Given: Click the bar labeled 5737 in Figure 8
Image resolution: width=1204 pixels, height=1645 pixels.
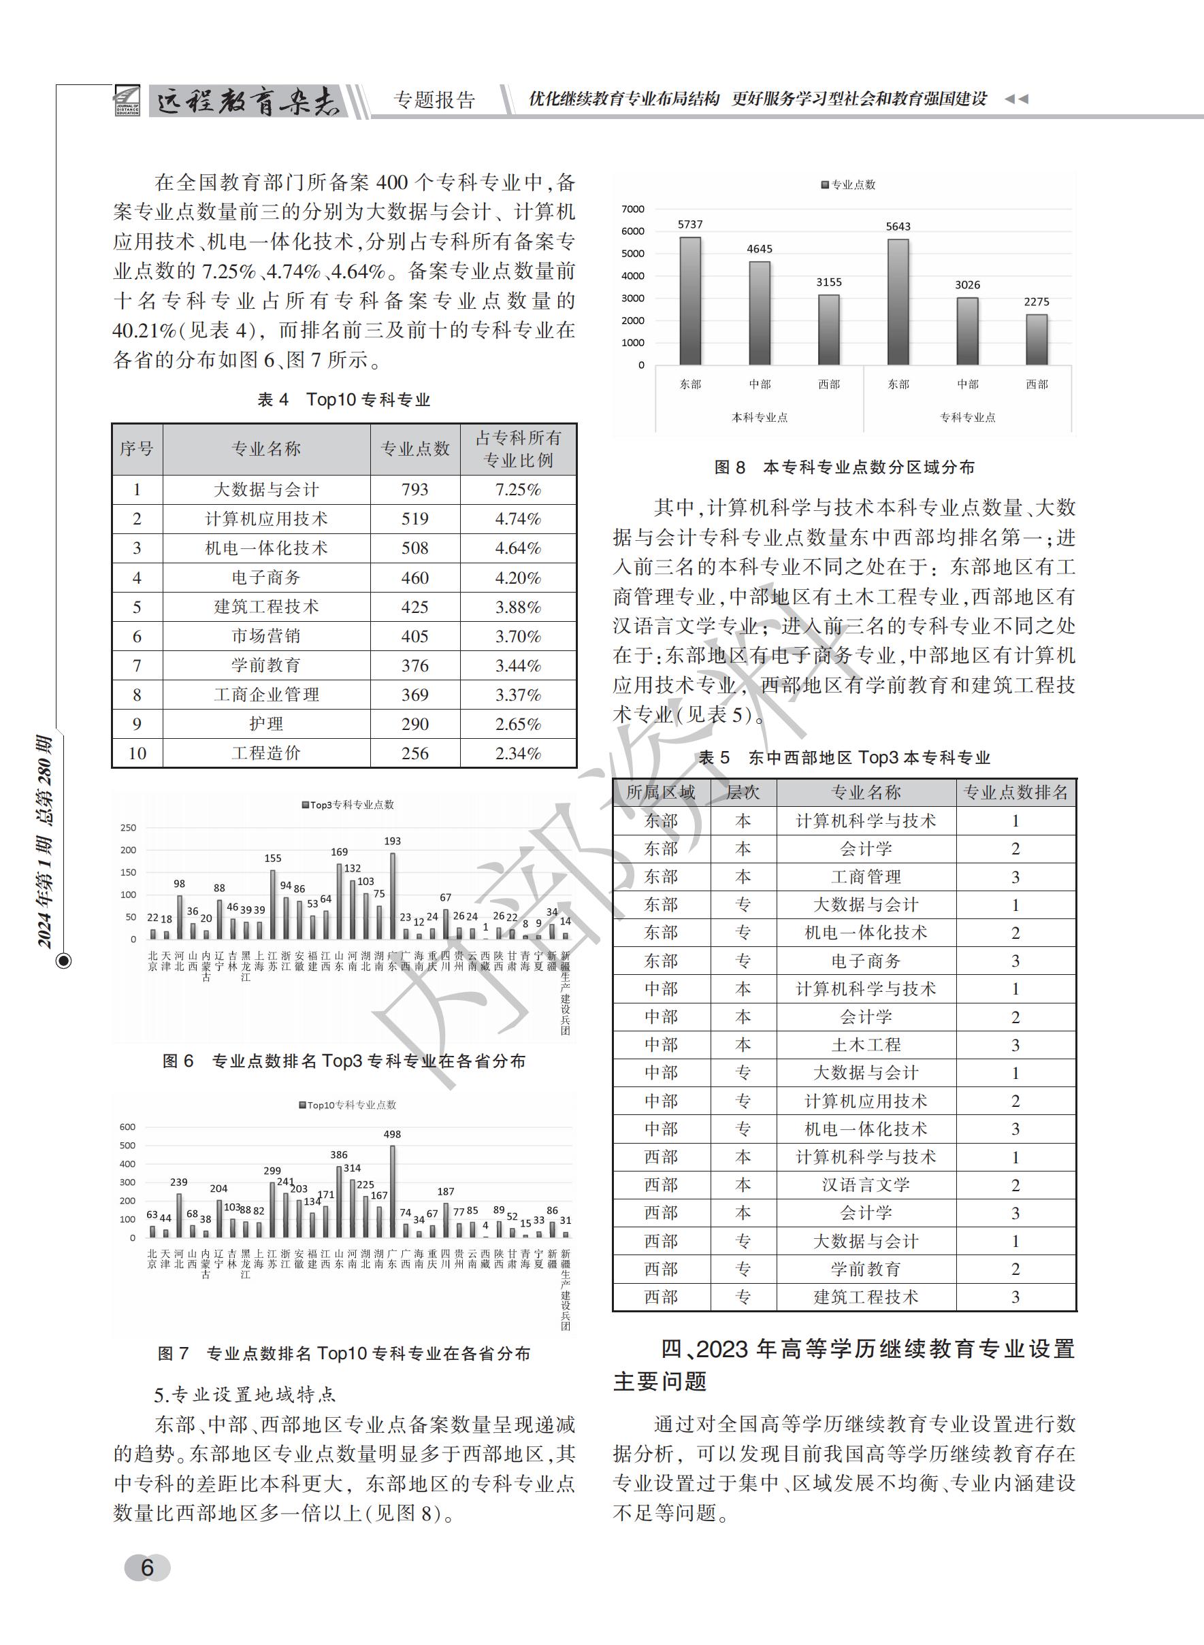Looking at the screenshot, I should (x=689, y=300).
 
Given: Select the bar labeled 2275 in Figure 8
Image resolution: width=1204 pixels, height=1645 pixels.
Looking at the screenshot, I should (x=1037, y=339).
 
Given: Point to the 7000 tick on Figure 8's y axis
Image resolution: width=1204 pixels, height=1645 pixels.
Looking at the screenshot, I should (x=632, y=209).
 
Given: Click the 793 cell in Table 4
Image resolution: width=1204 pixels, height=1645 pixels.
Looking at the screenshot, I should (x=414, y=490).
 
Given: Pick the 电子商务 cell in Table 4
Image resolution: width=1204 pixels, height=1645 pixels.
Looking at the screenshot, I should (x=266, y=578).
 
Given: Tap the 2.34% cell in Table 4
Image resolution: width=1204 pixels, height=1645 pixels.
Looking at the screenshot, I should (x=517, y=753).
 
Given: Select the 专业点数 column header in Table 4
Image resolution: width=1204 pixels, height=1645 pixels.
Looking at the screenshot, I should (x=414, y=449).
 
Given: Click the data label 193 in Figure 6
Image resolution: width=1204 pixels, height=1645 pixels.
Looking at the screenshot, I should (x=392, y=841).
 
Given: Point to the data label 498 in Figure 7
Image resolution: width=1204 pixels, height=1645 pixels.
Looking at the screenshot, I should (x=392, y=1134).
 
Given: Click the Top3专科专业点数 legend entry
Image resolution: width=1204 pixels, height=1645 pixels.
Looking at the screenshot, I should (x=348, y=805).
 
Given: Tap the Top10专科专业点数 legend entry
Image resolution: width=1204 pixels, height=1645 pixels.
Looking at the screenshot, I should (x=348, y=1105).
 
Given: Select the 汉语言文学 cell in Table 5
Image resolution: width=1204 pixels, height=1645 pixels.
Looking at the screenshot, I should (x=866, y=1185).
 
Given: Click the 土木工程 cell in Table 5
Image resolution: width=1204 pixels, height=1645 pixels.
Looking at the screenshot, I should (x=866, y=1045).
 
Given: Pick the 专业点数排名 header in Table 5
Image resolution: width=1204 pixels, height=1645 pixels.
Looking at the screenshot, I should (x=1015, y=793).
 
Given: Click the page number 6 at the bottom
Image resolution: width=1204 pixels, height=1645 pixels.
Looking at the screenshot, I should (x=147, y=1567).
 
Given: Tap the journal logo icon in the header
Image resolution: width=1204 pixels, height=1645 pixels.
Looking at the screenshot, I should (x=127, y=101).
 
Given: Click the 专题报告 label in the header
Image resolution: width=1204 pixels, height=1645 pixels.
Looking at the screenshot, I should (x=434, y=100).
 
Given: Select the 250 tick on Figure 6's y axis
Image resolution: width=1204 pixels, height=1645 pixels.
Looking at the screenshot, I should (x=128, y=827).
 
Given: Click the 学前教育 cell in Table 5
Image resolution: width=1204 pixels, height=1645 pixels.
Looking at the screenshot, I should (x=866, y=1269).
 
